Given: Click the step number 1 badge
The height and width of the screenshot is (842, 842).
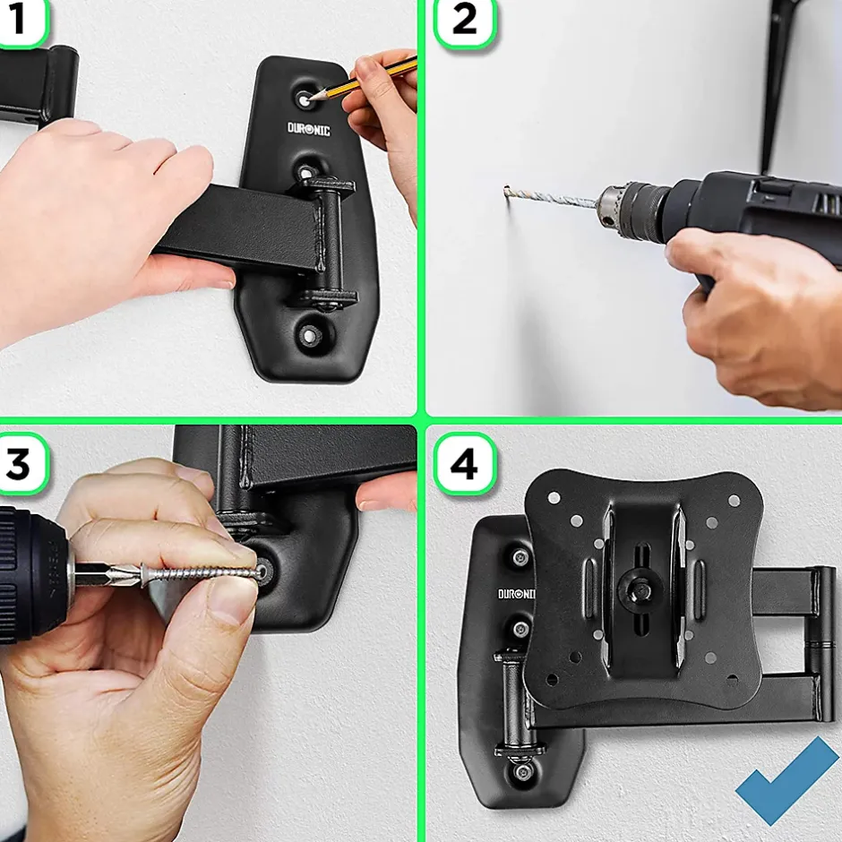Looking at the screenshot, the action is [x=21, y=21].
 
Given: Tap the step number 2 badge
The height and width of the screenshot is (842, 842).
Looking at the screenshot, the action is [x=465, y=22].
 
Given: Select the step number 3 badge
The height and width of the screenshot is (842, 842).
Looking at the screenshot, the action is [x=21, y=463].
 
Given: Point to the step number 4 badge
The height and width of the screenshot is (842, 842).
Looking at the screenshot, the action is [x=465, y=463].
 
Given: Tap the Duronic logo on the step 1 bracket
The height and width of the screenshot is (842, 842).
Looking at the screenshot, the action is [x=309, y=129].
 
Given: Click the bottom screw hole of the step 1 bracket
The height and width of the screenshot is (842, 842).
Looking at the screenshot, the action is [x=310, y=336].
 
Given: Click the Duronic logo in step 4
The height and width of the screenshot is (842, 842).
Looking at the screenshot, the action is [x=516, y=593].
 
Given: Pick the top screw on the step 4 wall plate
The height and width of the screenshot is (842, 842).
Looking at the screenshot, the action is [x=520, y=558].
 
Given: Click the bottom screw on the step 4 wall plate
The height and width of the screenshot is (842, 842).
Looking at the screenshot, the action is [x=521, y=772].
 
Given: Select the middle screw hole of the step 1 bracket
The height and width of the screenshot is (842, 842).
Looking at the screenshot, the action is [x=305, y=173].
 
